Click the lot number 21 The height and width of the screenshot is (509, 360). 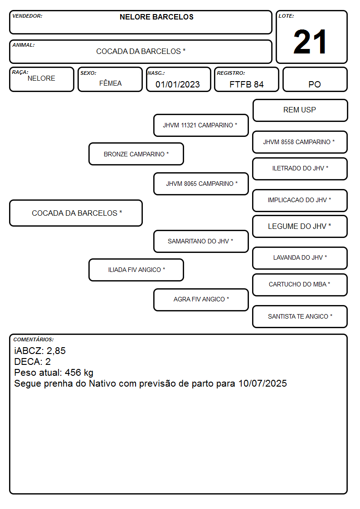tap(310, 42)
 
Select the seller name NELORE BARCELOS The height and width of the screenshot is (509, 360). tap(156, 17)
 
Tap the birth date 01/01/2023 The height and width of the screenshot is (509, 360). tap(178, 84)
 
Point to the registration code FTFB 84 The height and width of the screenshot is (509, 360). tap(246, 84)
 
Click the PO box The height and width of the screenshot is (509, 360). tap(315, 79)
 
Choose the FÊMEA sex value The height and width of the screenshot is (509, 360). tap(110, 83)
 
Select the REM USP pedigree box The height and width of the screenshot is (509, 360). tap(300, 111)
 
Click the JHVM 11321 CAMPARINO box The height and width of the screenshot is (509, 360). tap(201, 125)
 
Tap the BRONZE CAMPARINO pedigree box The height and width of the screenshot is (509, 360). tap(136, 154)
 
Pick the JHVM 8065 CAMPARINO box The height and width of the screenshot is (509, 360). tap(201, 184)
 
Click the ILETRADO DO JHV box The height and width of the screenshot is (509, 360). tap(300, 169)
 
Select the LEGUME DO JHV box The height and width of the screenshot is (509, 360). tap(300, 227)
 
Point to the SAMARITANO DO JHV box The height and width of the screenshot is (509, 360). tap(201, 241)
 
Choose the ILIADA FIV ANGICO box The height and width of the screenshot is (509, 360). tap(136, 270)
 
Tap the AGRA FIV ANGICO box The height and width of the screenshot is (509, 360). tap(201, 300)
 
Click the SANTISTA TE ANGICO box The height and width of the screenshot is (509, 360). tap(300, 316)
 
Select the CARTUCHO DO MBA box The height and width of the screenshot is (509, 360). tap(300, 285)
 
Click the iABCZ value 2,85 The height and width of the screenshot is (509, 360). tap(56, 351)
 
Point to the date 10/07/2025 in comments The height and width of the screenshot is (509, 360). tap(263, 383)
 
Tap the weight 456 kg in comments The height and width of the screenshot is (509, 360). tap(79, 373)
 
